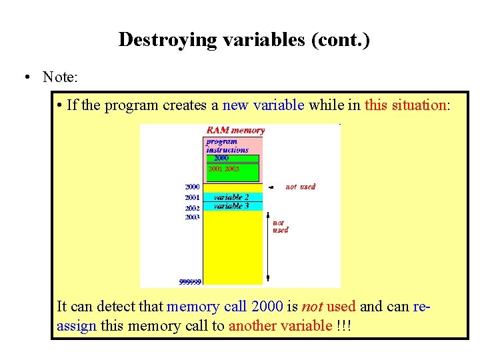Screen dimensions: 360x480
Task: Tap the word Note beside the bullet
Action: [59, 77]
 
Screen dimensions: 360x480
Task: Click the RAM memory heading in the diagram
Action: [235, 131]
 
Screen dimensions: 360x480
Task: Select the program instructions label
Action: [227, 146]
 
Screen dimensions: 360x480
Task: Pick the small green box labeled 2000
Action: [222, 159]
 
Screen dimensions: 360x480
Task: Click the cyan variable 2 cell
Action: [232, 197]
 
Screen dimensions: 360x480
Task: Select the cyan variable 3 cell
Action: [232, 207]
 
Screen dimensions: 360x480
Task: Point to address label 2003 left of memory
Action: [192, 217]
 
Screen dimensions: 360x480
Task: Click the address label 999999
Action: [190, 282]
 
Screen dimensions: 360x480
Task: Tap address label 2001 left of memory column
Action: [192, 198]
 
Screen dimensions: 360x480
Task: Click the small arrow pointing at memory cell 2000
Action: [269, 188]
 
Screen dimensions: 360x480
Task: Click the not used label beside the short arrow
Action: [301, 187]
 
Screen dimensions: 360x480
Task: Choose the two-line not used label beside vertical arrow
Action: [280, 227]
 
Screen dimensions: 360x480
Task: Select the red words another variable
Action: [280, 326]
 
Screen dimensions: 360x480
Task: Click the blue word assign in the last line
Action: [77, 326]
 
